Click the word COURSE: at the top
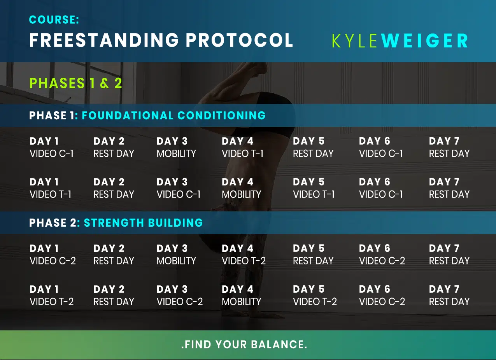pos(54,20)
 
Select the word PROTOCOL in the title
pos(239,40)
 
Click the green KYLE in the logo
pos(354,41)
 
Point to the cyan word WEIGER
pos(424,41)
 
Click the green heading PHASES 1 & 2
pos(75,83)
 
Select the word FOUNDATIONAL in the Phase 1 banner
pos(128,115)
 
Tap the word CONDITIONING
pos(221,115)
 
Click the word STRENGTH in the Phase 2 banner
pos(114,223)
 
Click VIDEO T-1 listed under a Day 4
pos(242,154)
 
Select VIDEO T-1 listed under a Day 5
pos(314,194)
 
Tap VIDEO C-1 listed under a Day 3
pos(179,194)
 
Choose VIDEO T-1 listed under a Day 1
pos(50,194)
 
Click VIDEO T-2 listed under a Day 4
pos(244,261)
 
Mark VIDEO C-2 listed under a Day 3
pos(180,302)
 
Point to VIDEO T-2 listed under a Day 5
pos(315,302)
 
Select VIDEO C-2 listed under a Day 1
pos(53,261)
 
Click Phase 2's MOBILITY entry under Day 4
pos(241,302)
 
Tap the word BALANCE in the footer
pos(279,344)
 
